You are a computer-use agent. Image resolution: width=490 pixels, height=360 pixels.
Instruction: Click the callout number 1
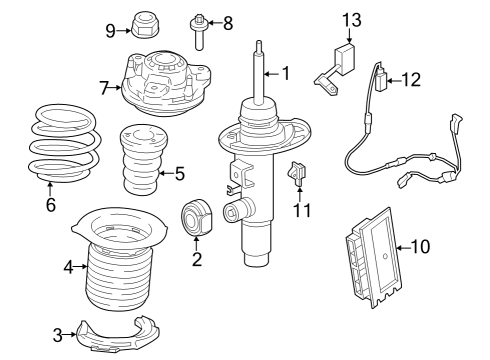point(285,73)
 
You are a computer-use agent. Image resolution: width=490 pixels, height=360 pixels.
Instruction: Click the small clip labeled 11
point(297,175)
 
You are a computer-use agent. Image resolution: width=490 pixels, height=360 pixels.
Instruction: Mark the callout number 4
point(68,267)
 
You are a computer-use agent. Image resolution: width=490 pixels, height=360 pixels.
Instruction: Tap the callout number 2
point(196,262)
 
